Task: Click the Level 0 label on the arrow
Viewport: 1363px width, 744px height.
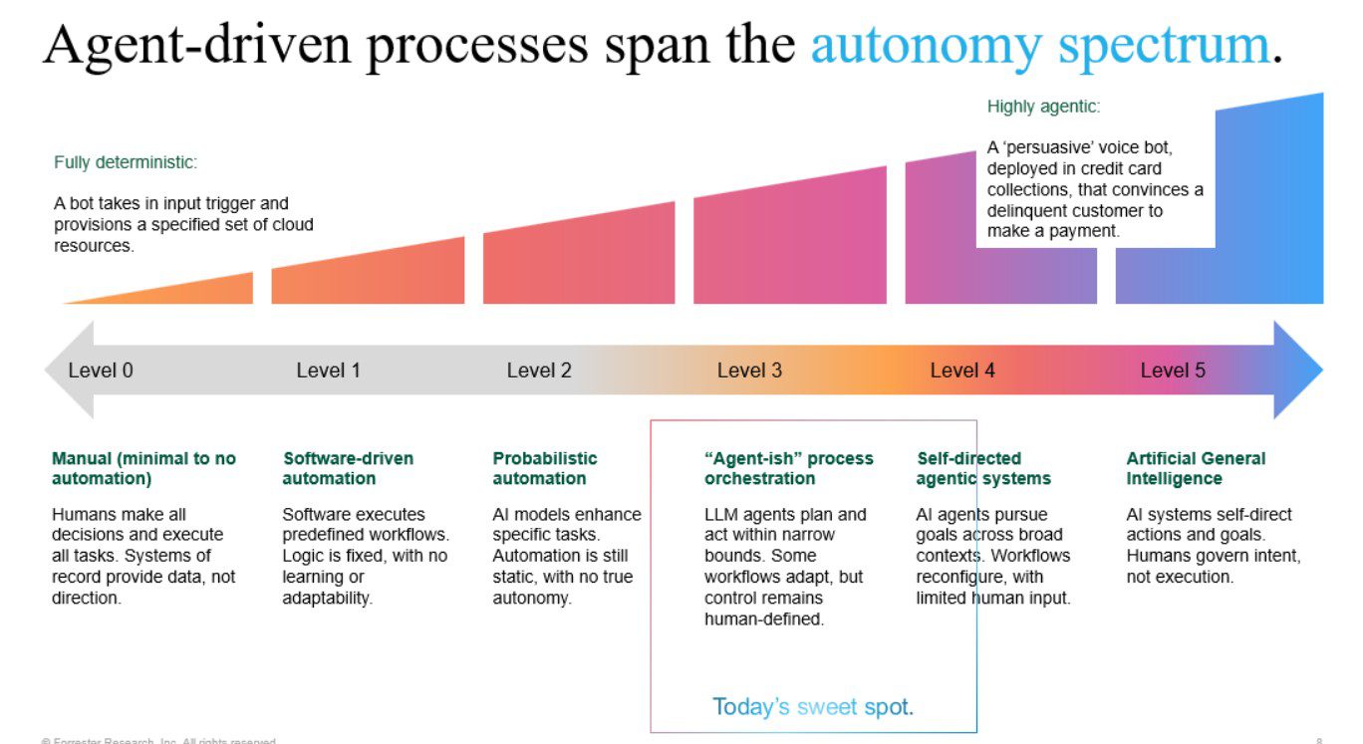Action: point(101,371)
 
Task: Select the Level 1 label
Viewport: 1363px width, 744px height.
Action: point(328,371)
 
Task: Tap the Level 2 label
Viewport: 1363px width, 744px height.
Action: point(539,371)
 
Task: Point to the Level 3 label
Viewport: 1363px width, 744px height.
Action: point(749,371)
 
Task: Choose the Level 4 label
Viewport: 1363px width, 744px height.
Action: point(962,371)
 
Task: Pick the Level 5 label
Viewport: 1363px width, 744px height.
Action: point(1173,371)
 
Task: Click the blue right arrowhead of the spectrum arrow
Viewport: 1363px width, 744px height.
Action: point(1298,370)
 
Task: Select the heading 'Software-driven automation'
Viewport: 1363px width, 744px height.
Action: point(348,468)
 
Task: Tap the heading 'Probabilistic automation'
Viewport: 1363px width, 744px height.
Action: point(545,468)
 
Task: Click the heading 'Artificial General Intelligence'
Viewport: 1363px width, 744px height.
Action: point(1196,468)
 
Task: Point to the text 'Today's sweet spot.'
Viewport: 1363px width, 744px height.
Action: point(813,707)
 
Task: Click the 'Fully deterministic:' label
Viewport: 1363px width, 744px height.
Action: point(126,162)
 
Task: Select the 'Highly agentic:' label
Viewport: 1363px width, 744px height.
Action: point(1043,107)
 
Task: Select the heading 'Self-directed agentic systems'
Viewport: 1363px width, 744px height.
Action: point(983,468)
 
